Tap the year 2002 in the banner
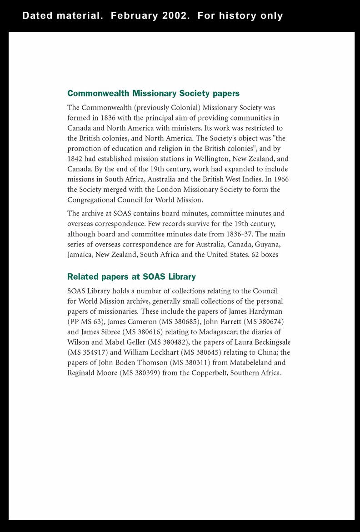click(175, 16)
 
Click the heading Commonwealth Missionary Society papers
click(153, 93)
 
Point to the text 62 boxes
click(265, 255)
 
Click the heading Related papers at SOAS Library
click(131, 276)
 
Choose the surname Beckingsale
click(267, 342)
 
